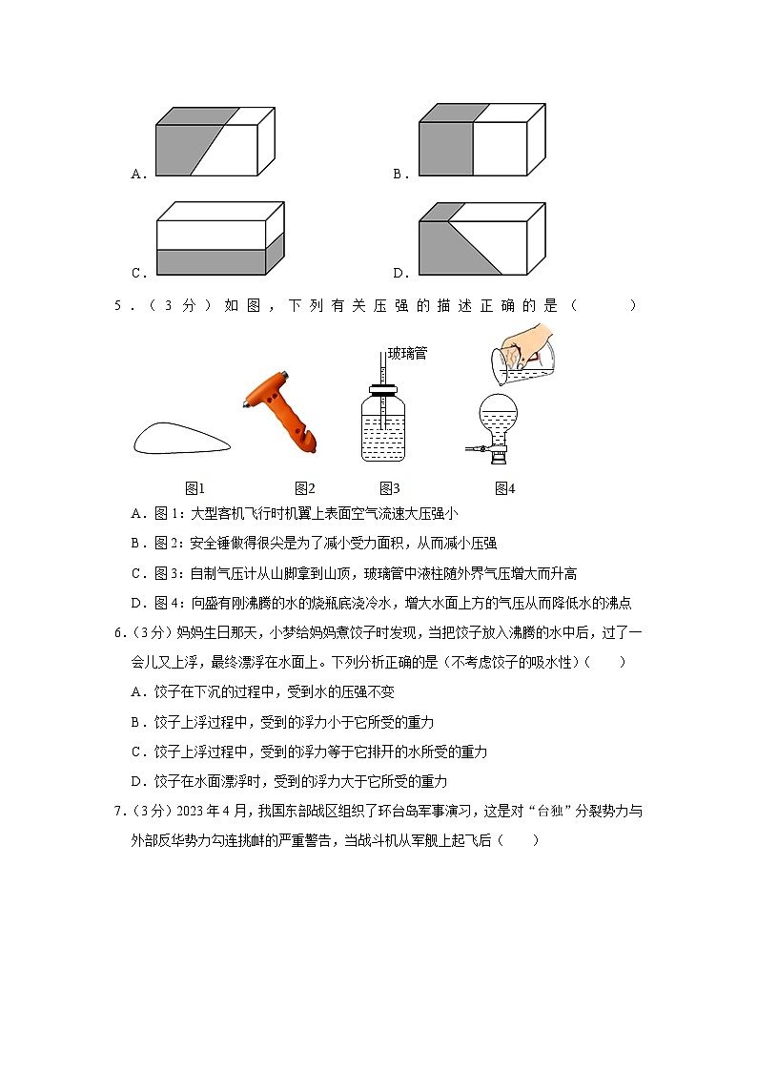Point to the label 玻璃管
click(x=407, y=354)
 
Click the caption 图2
click(x=304, y=488)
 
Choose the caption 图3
click(x=389, y=488)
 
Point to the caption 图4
click(x=504, y=488)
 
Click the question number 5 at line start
click(x=118, y=306)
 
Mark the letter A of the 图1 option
click(x=136, y=514)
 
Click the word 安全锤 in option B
click(x=209, y=544)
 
